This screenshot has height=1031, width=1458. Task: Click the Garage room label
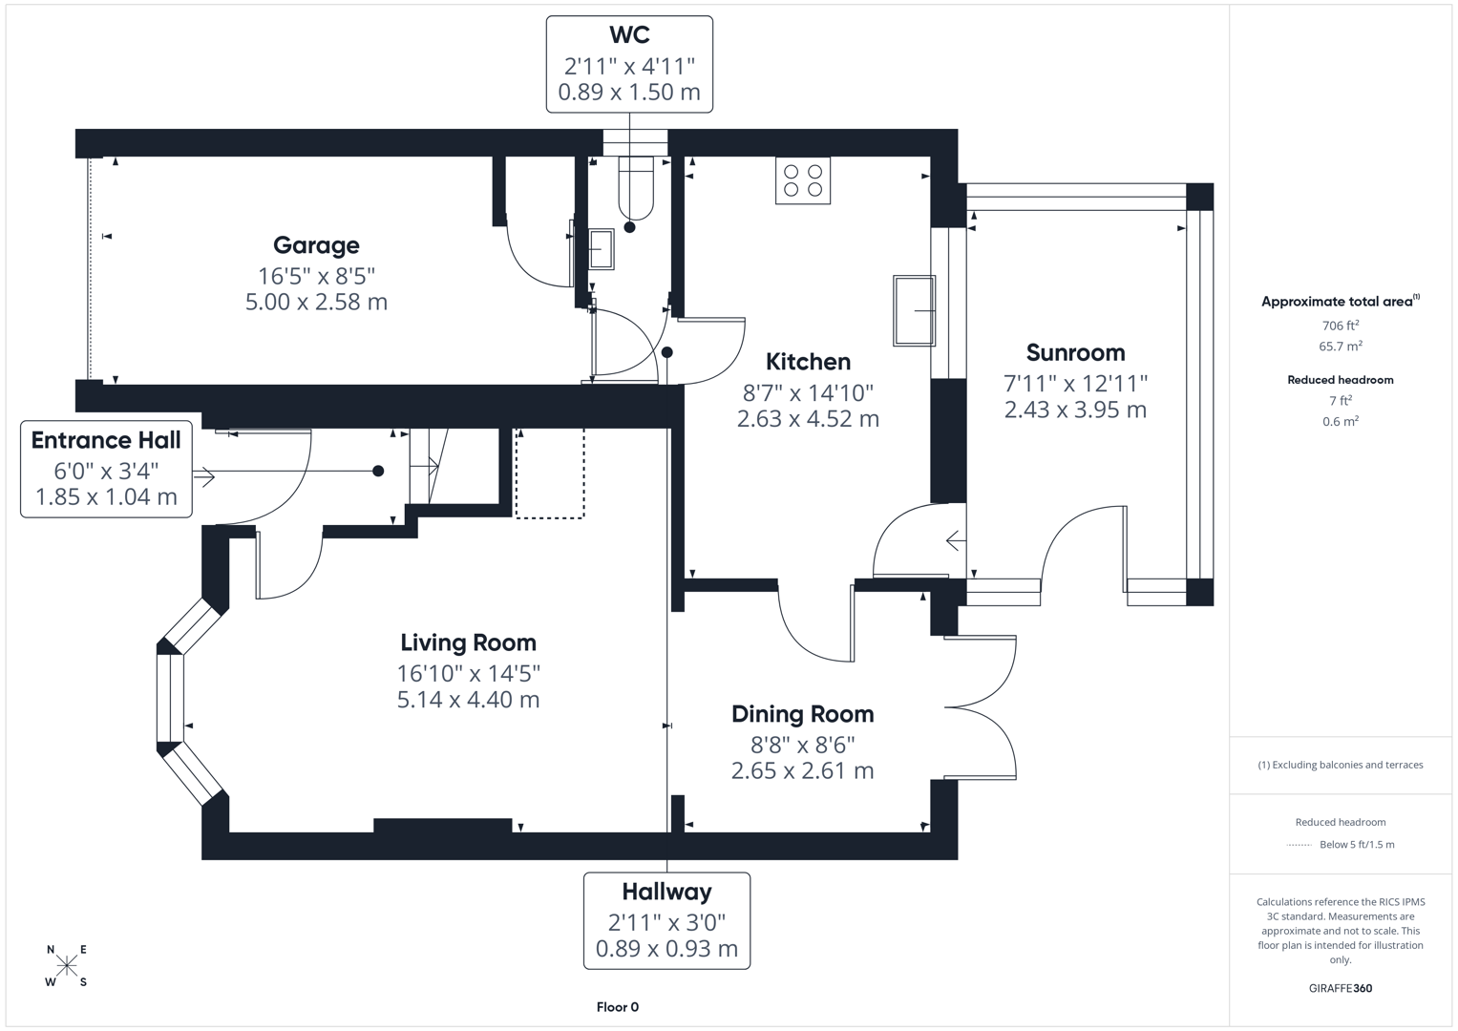click(x=316, y=245)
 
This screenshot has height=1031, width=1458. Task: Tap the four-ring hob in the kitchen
click(x=803, y=180)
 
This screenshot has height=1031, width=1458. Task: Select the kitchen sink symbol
click(x=914, y=310)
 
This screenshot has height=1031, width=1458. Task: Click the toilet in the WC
click(x=635, y=187)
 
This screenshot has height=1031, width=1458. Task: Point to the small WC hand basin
click(x=601, y=249)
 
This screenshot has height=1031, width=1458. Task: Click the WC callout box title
click(x=629, y=35)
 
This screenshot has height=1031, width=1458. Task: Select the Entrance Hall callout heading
click(x=106, y=440)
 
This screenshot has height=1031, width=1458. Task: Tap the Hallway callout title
click(x=666, y=892)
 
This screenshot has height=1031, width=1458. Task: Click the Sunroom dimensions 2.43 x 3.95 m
click(x=1075, y=410)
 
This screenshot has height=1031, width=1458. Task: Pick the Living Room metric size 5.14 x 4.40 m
click(x=468, y=700)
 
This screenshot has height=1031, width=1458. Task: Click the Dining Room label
click(x=802, y=714)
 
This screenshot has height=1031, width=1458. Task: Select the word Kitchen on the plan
click(x=808, y=362)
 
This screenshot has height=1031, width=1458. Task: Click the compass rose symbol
click(x=66, y=966)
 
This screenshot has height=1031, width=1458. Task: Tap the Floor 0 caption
click(x=617, y=1007)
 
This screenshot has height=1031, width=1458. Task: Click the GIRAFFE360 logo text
click(x=1340, y=988)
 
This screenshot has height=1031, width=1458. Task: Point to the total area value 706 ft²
click(x=1340, y=326)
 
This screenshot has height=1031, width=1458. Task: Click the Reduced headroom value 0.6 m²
click(x=1340, y=421)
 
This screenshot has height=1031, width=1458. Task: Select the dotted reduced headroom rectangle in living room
click(x=550, y=473)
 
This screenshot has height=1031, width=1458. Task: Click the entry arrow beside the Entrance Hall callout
click(x=203, y=474)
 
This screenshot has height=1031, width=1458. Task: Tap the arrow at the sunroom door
click(x=955, y=541)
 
